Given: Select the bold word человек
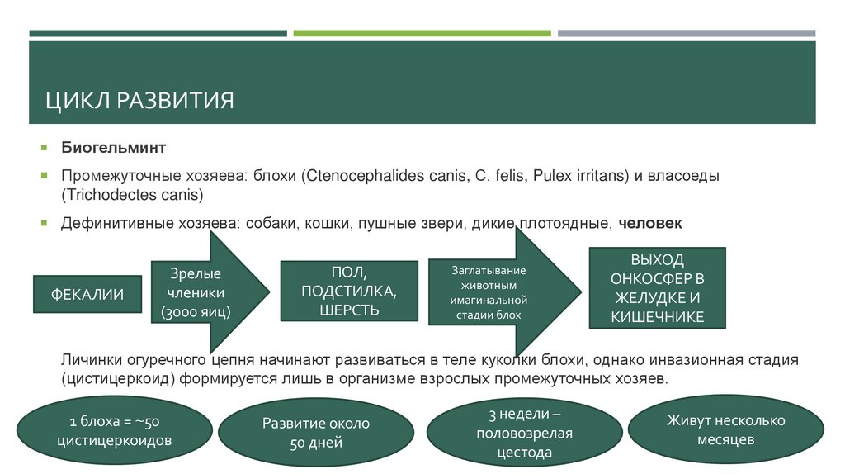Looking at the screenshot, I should tap(650, 223).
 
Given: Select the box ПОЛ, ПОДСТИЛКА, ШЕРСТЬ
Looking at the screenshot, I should tap(347, 292).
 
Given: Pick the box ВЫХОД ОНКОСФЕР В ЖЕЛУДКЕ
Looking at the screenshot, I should tap(657, 288).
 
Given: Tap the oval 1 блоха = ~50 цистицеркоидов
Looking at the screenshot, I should tap(114, 431).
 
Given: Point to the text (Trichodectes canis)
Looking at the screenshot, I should tap(131, 195).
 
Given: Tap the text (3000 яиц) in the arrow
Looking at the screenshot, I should tap(196, 312).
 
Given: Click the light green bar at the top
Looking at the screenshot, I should tap(422, 33).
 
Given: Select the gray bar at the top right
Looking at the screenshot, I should tap(686, 33).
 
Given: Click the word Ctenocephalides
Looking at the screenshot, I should tap(353, 176).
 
